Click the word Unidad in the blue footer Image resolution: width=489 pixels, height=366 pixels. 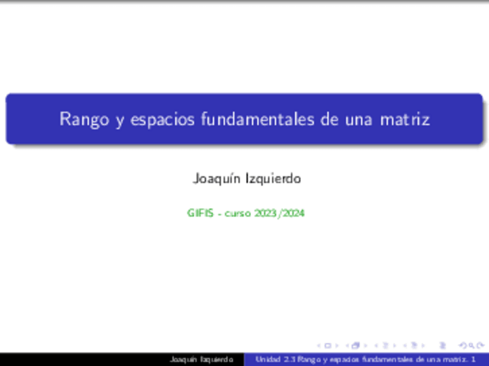[268, 360]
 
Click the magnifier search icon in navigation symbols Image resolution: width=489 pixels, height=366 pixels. [476, 346]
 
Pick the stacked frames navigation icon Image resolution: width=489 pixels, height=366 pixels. [356, 346]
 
